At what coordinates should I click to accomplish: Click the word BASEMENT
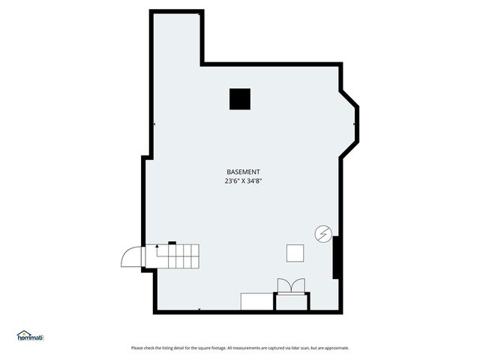tap(243, 172)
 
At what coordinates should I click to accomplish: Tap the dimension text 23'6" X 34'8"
tap(243, 181)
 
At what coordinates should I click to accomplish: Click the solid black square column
tap(240, 99)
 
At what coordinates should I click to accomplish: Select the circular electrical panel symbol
tap(322, 234)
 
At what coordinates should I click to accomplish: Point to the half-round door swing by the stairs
tap(131, 256)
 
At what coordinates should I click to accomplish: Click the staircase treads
tap(175, 257)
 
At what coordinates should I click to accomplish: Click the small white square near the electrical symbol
tap(295, 253)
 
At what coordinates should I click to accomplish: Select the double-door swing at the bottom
tap(292, 286)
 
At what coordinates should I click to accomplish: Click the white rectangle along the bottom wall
tap(257, 301)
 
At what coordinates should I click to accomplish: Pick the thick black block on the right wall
tap(337, 257)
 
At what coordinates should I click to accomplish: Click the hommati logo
tap(31, 337)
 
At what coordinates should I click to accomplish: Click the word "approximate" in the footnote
tap(335, 348)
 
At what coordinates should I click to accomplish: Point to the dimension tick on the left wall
tap(154, 124)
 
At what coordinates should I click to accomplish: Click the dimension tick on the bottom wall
tap(199, 308)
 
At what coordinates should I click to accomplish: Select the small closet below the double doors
tap(292, 301)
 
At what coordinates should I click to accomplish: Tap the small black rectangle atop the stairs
tap(172, 242)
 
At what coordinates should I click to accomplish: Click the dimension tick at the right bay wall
tap(355, 124)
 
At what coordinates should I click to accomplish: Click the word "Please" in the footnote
tap(137, 348)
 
